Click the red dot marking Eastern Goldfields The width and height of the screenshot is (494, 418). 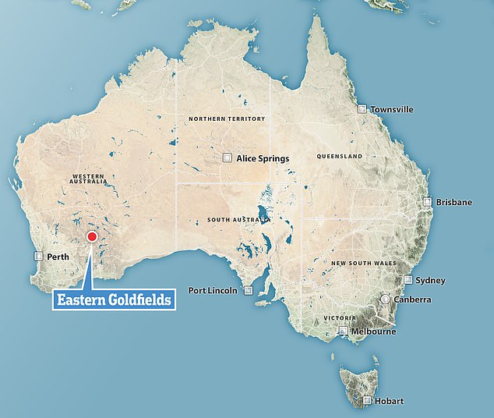92,237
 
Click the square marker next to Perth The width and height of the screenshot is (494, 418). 38,256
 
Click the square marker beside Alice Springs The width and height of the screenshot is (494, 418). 227,158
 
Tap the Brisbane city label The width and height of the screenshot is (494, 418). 453,202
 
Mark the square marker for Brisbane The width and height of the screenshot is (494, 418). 427,201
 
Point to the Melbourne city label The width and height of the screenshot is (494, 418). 374,331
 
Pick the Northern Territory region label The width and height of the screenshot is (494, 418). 226,119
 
